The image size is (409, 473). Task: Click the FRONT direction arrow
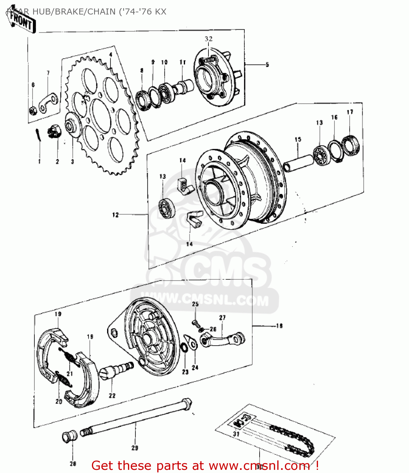pos(21,21)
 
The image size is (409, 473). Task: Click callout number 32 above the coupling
pos(208,39)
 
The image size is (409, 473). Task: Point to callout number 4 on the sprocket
pos(111,55)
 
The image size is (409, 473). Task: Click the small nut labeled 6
pos(33,110)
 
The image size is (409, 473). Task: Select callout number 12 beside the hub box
pos(115,215)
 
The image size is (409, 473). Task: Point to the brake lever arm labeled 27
pos(223,339)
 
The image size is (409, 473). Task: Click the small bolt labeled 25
pos(195,323)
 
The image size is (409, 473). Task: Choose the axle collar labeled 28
pos(69,436)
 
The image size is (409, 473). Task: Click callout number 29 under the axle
pos(135,448)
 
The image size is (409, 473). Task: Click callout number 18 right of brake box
pos(279,326)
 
